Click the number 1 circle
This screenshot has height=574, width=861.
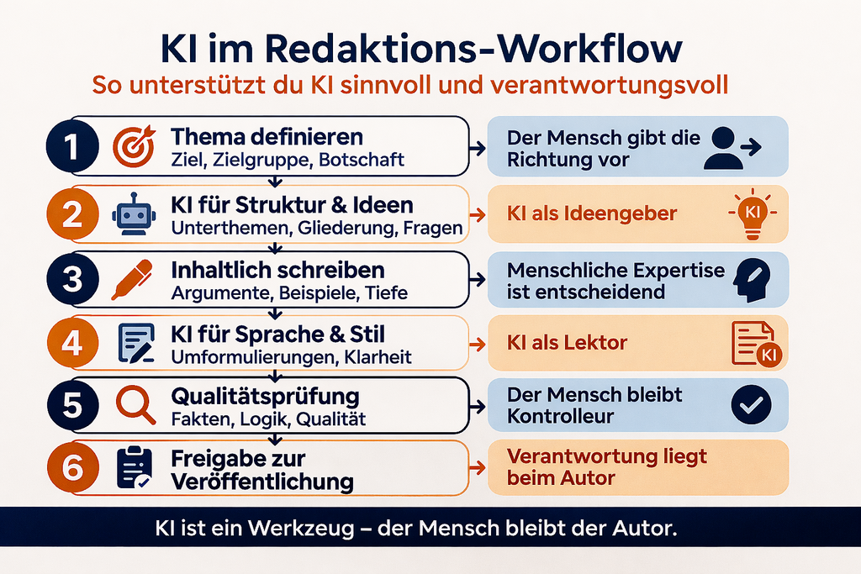click(72, 146)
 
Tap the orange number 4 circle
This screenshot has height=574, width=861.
click(72, 343)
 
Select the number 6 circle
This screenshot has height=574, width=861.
click(72, 469)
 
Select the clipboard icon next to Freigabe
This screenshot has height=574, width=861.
click(133, 469)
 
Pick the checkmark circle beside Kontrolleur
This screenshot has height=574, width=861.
click(750, 405)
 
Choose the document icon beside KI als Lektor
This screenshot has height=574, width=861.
click(753, 343)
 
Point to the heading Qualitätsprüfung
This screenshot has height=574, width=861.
click(265, 395)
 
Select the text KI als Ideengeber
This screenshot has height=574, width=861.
click(592, 213)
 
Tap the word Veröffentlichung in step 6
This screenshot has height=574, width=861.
click(261, 482)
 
